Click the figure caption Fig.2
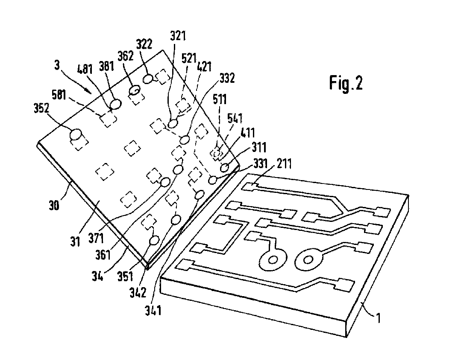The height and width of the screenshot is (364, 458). point(346,83)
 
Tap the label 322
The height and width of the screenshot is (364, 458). point(145,43)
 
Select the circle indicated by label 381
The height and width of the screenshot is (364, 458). point(115,104)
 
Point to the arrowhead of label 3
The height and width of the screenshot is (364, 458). point(91,91)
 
